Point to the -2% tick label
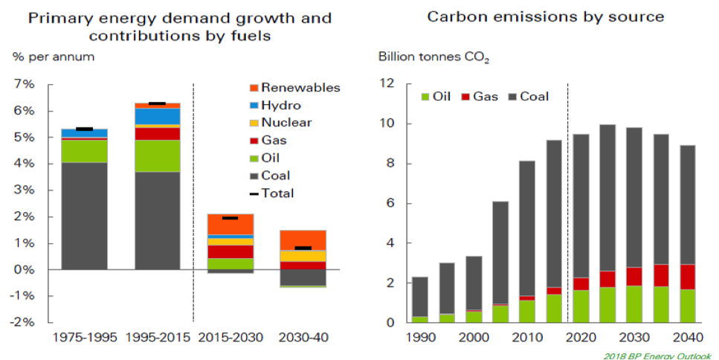[23, 322]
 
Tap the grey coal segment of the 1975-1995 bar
[85, 216]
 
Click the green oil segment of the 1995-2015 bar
[157, 155]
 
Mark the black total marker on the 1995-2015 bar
[157, 103]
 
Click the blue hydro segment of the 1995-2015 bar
[157, 116]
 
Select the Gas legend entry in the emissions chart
[481, 97]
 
